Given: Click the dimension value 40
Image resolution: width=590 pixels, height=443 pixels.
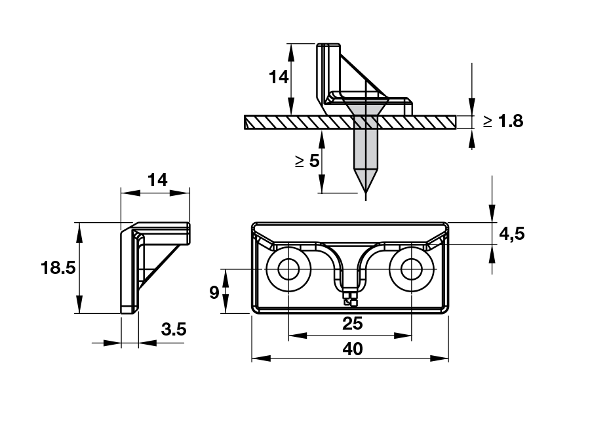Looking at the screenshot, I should (352, 349).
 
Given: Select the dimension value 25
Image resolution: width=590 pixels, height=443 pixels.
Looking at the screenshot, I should (352, 323).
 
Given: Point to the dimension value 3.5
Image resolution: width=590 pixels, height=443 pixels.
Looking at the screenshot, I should (173, 330).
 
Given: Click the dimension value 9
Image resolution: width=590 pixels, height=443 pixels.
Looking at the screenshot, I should (214, 292).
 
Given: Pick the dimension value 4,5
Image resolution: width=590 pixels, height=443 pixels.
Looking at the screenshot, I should (511, 234).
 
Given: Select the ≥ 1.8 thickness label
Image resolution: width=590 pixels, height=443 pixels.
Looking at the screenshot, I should (503, 121).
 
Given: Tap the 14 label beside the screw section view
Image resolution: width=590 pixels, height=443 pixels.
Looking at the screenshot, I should (279, 77).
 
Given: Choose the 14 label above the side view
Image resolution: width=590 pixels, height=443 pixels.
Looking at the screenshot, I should (157, 180).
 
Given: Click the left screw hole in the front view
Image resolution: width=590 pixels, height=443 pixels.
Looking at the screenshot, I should (288, 269).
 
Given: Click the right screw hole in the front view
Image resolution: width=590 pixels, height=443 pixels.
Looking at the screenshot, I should (412, 269).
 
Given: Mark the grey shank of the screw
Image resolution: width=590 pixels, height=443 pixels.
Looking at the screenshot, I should (365, 147).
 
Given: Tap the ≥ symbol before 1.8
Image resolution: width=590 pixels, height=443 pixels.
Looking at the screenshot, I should (488, 121).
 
